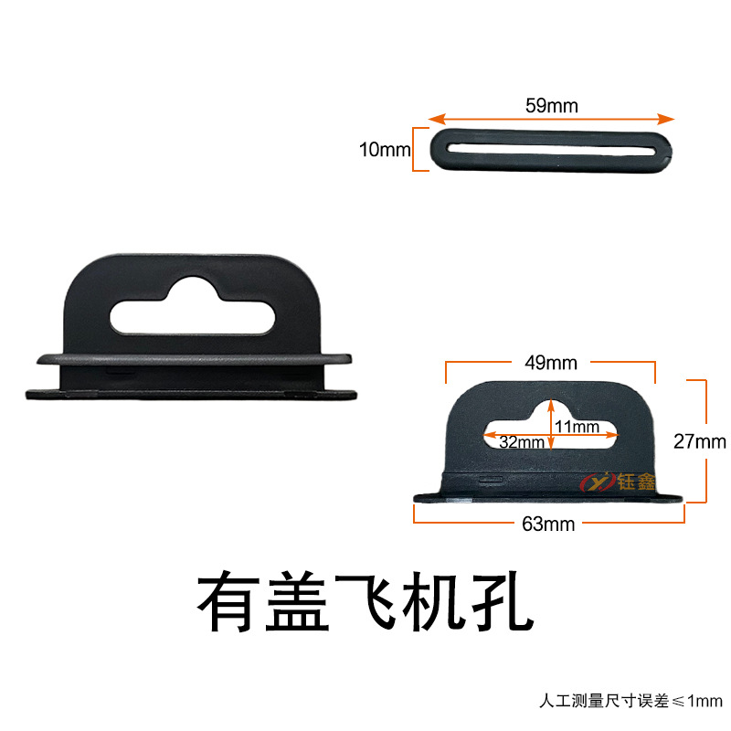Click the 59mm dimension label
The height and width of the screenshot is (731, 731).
pyautogui.click(x=551, y=105)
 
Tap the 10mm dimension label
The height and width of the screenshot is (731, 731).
pyautogui.click(x=385, y=149)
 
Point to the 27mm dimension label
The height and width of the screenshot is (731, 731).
pyautogui.click(x=699, y=442)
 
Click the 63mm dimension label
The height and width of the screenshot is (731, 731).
pyautogui.click(x=548, y=524)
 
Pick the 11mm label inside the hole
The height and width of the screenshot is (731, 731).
pyautogui.click(x=577, y=426)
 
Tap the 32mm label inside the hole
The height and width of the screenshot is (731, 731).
pyautogui.click(x=522, y=442)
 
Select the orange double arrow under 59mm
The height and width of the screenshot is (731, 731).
pyautogui.click(x=552, y=119)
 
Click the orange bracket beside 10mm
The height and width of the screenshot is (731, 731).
pyautogui.click(x=418, y=150)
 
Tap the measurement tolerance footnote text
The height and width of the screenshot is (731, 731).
pyautogui.click(x=630, y=702)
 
